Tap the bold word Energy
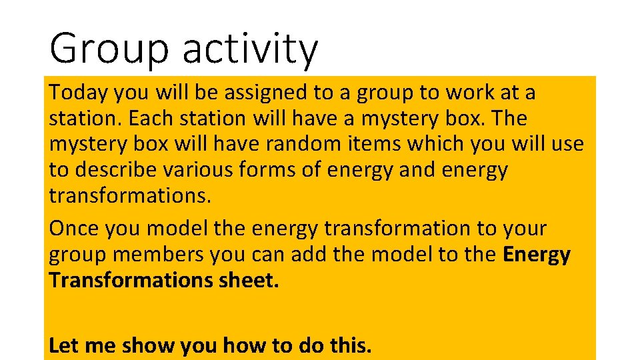(x=537, y=255)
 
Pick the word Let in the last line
(x=62, y=346)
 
